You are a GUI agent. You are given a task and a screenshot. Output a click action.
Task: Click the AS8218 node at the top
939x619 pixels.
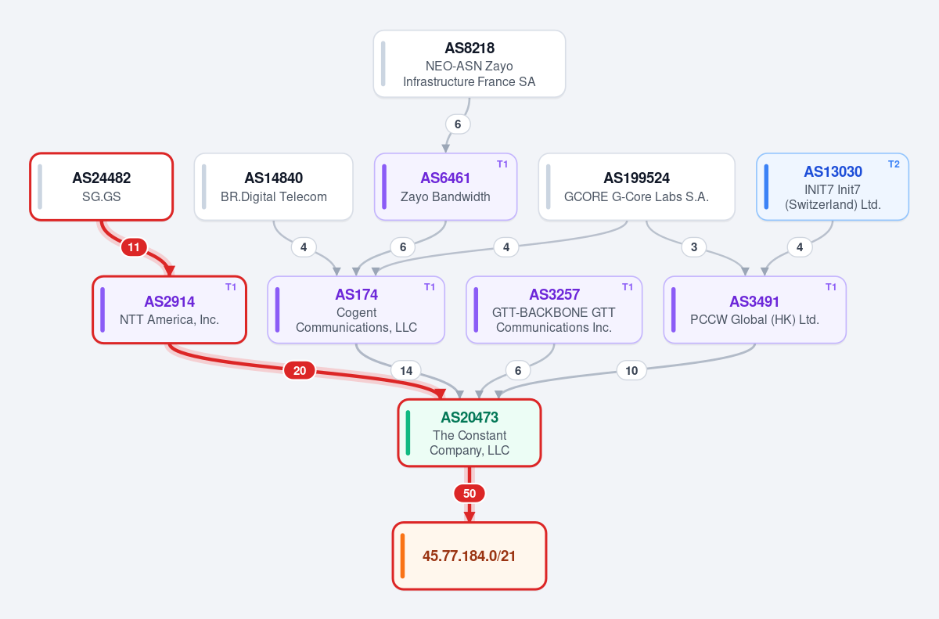(469, 63)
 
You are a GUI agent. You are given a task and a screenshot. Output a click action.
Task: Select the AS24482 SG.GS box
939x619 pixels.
(102, 186)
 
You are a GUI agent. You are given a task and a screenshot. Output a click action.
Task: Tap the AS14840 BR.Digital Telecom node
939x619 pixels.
(273, 186)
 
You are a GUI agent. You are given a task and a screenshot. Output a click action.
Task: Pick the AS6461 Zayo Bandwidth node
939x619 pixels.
(445, 186)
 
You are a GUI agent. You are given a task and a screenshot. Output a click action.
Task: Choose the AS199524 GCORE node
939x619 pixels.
(636, 186)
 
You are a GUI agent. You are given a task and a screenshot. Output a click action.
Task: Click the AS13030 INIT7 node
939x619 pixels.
(833, 186)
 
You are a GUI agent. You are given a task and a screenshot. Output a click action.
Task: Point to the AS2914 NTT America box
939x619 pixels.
(169, 310)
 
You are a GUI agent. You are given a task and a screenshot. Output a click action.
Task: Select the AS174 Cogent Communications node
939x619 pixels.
(356, 310)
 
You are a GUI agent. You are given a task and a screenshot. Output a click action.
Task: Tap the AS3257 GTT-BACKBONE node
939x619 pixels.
(554, 310)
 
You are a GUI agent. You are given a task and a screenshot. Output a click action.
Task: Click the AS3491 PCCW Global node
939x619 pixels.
(754, 310)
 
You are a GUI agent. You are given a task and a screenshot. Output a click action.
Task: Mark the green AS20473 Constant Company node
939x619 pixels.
(469, 433)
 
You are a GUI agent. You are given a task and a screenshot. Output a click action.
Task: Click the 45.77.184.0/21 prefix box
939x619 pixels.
(469, 556)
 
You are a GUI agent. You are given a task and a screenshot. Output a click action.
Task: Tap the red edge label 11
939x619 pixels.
(134, 247)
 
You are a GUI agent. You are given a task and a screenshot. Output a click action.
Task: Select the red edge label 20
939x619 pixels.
(299, 370)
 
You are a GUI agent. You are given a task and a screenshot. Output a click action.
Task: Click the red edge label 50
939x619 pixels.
(469, 493)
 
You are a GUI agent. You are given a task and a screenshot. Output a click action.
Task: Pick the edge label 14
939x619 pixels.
(406, 370)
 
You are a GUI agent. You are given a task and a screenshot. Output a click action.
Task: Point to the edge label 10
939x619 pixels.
(631, 370)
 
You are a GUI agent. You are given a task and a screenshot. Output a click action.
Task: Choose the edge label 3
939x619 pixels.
(694, 247)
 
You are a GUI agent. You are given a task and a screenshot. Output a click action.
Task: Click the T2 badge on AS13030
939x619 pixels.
(894, 164)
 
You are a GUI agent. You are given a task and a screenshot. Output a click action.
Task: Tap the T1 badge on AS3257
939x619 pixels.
(627, 287)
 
